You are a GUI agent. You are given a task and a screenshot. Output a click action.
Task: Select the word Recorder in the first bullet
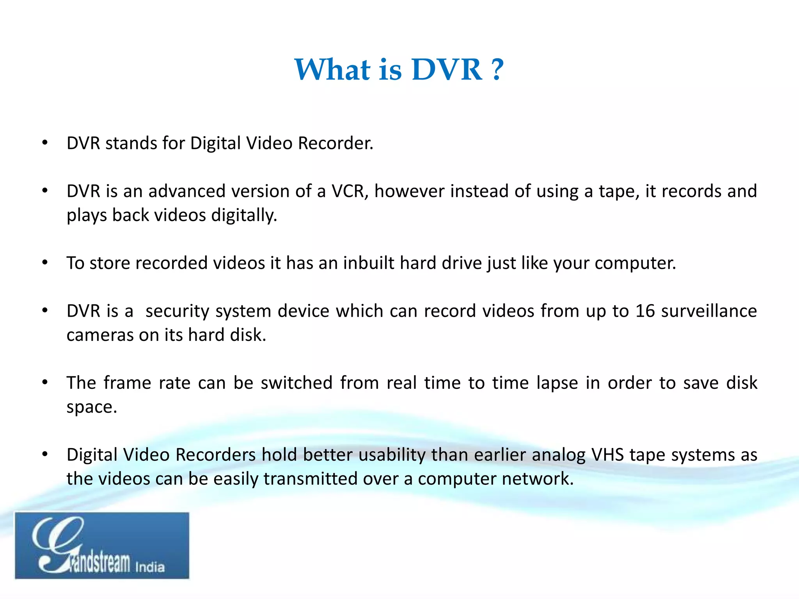335,143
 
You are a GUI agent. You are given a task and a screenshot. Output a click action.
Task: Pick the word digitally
244,215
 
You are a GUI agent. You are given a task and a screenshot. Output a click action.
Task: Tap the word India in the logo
150,567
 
